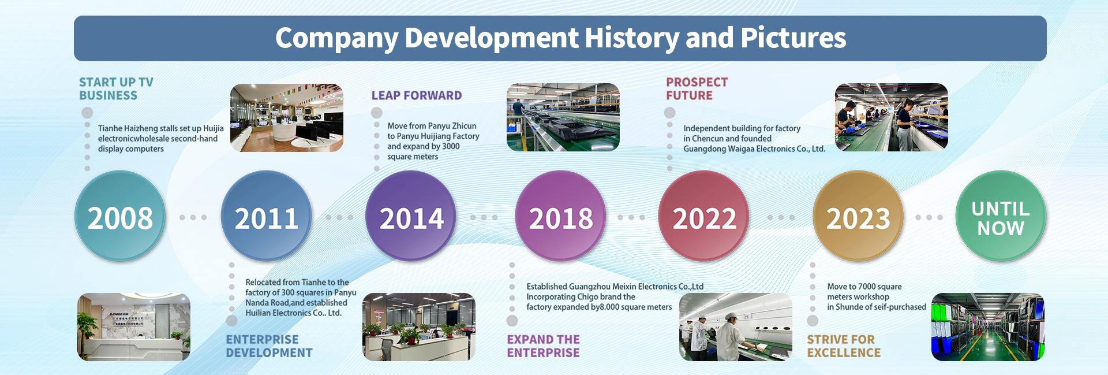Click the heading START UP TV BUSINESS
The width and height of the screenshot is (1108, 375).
coord(116,89)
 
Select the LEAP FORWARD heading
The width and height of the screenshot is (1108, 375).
coord(417,95)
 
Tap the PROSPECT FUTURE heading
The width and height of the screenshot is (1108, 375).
coord(697,89)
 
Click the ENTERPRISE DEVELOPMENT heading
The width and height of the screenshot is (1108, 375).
coord(269,346)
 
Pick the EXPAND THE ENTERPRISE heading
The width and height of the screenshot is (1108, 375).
coord(544,346)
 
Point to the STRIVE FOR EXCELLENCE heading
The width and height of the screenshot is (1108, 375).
coord(844,346)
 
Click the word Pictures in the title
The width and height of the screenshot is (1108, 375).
coord(793,38)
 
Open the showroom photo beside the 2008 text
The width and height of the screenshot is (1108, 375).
coord(287,118)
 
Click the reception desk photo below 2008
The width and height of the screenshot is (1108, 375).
coord(134,327)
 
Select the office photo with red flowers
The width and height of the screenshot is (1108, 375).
coord(419,327)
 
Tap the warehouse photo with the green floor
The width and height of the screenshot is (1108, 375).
coord(988,327)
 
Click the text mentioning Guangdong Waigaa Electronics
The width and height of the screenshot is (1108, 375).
coord(754,139)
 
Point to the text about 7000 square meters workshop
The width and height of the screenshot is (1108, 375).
coord(877,296)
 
